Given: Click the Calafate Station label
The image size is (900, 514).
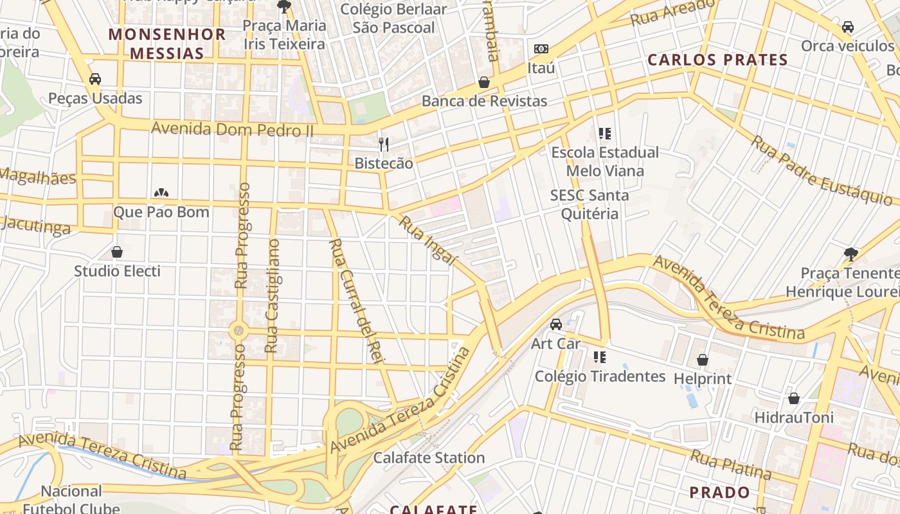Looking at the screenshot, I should click(x=429, y=458).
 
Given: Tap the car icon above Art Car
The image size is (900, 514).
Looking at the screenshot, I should click(x=556, y=324).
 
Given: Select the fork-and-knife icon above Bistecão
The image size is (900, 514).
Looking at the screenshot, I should click(x=384, y=144).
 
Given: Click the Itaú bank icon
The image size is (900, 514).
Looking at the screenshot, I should click(x=541, y=49).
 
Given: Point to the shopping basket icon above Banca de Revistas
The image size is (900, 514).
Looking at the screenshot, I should click(x=484, y=82).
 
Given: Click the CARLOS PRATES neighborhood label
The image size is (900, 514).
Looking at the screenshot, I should click(x=717, y=60).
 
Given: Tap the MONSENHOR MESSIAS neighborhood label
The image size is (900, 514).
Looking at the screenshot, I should click(x=167, y=44).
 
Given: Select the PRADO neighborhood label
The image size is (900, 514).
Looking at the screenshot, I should click(x=719, y=493).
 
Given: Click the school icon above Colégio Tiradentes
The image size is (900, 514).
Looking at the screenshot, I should click(x=600, y=357).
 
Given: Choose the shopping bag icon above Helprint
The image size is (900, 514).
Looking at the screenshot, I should click(x=703, y=360).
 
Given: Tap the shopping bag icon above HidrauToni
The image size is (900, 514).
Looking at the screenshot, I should click(x=794, y=398).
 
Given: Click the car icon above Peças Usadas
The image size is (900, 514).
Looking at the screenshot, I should click(x=95, y=79).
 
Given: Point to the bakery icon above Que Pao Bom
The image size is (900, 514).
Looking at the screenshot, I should click(x=161, y=193).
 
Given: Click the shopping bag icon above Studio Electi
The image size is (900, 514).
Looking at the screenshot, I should click(x=117, y=252).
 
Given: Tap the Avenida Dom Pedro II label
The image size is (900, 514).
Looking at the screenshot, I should click(x=231, y=129).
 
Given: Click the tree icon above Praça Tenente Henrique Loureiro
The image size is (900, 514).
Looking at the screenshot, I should click(x=851, y=254).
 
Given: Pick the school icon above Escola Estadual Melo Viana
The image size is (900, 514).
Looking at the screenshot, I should click(x=604, y=134).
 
